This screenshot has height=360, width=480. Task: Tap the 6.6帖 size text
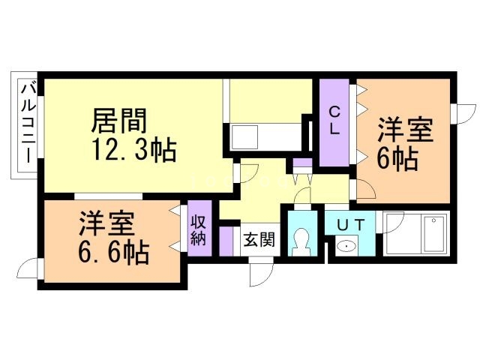[x=114, y=252]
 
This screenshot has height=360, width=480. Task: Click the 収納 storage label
[x=199, y=230]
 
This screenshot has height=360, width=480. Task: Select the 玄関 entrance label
[x=259, y=241]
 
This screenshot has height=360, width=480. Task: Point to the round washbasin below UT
[x=346, y=246]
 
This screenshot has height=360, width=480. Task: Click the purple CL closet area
[x=335, y=123]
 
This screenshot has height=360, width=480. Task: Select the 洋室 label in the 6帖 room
[x=405, y=128]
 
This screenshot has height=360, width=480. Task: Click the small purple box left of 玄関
[x=227, y=241]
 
